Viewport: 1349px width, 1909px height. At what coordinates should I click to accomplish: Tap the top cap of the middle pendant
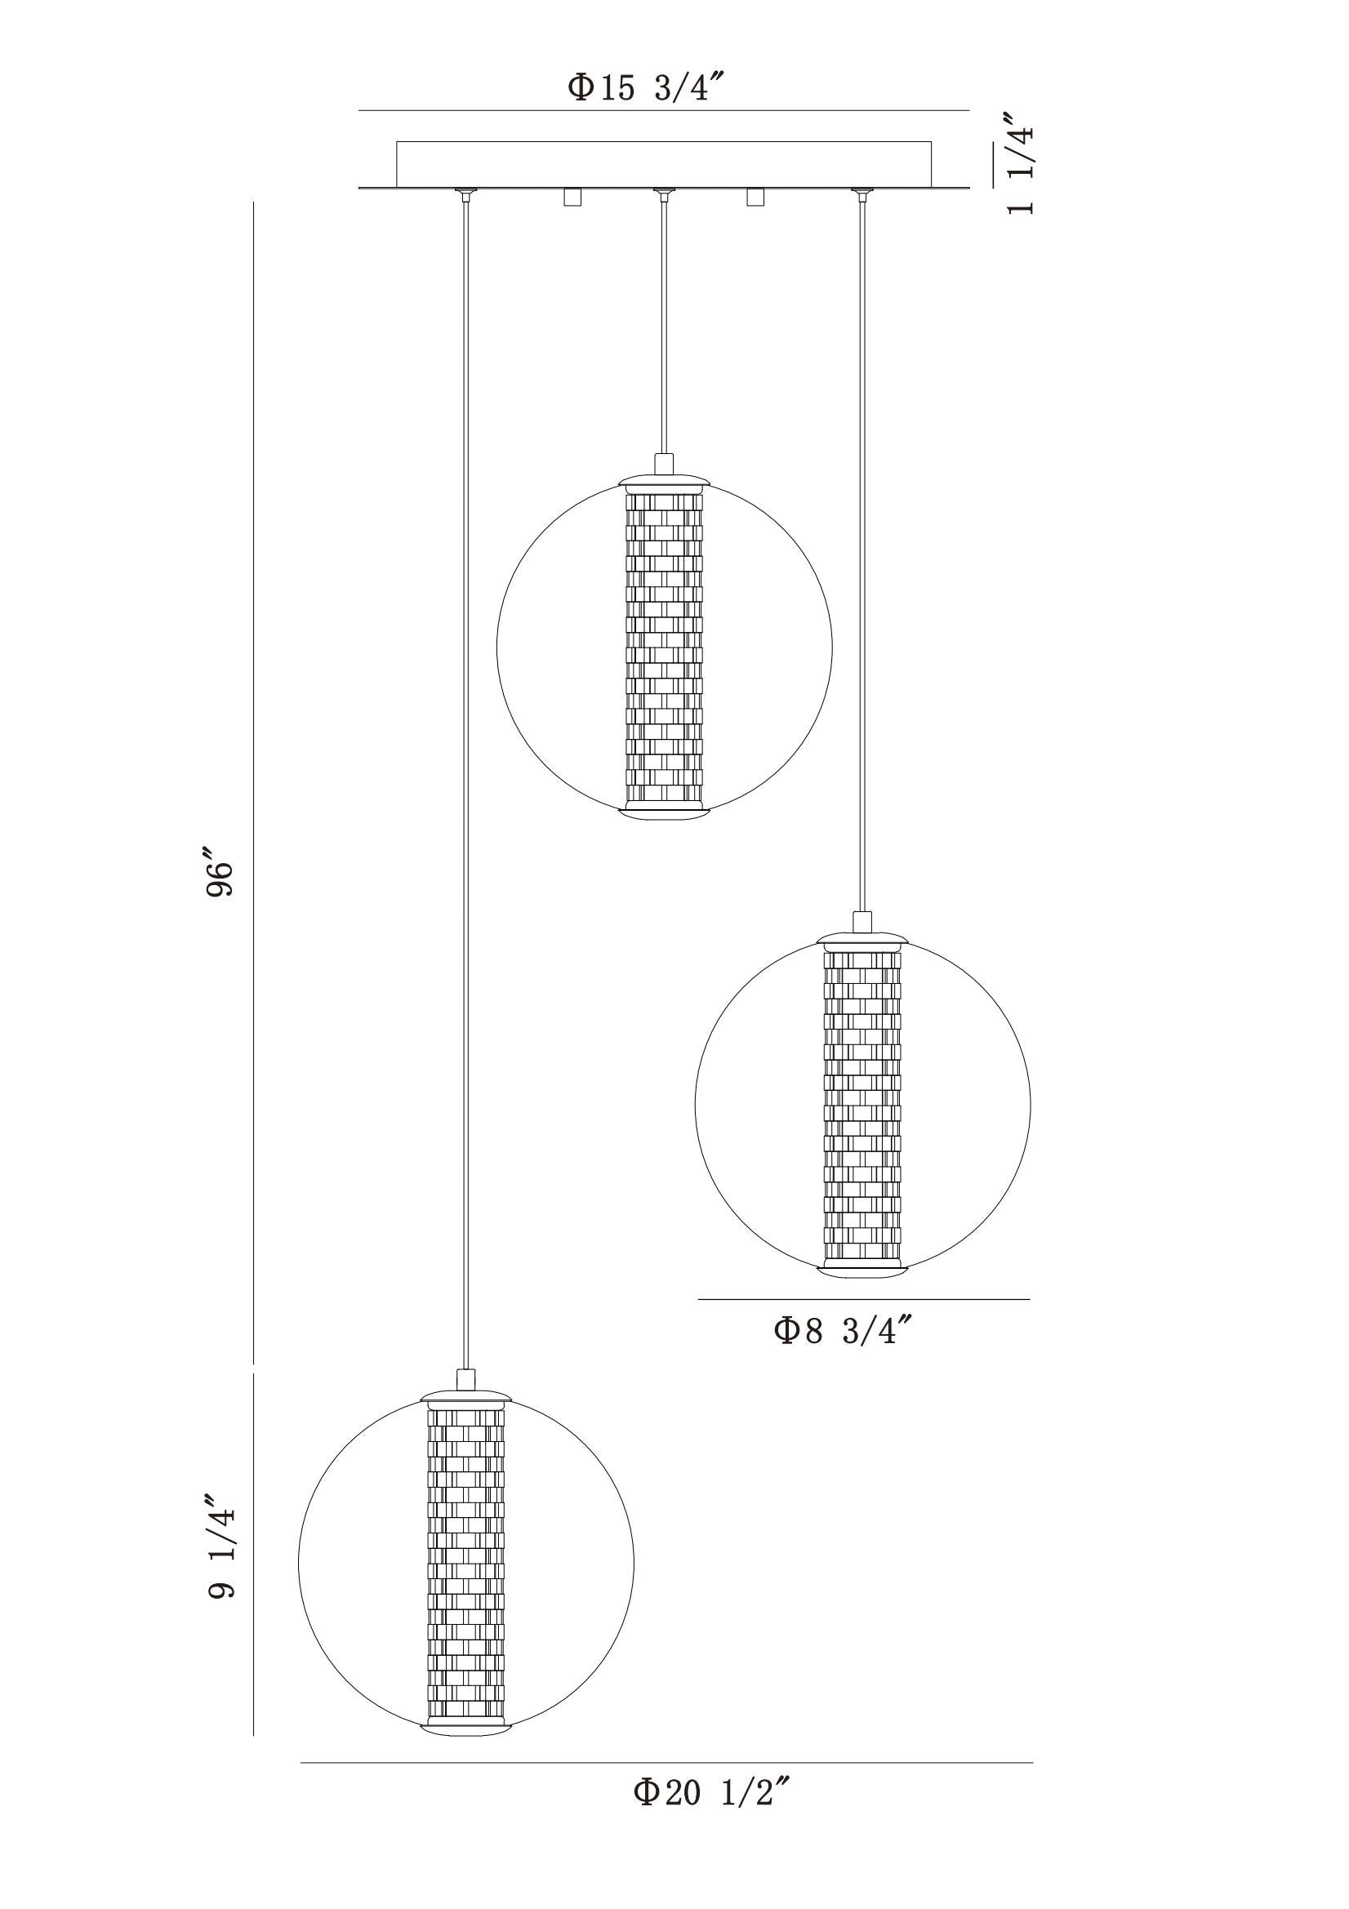point(664,480)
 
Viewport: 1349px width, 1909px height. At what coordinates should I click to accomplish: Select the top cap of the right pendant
point(861,937)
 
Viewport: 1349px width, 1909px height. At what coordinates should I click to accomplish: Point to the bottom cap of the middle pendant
point(664,810)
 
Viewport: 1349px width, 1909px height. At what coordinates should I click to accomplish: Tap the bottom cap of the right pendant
point(861,1271)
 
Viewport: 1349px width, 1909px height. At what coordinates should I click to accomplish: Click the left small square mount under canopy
point(571,197)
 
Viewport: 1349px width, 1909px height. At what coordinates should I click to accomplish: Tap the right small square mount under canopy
point(755,197)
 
